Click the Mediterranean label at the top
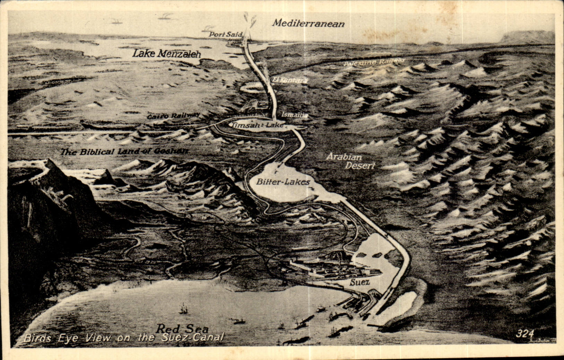coord(308,24)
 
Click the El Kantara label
coord(290,80)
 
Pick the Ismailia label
coord(294,115)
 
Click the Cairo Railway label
coord(173,116)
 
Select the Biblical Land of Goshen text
coord(125,152)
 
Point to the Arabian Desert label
coord(351,161)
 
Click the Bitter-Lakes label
coord(283,182)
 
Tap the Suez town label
coord(359,282)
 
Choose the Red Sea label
coord(182,328)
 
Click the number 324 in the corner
coord(524,334)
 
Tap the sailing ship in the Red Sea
coord(183,308)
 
